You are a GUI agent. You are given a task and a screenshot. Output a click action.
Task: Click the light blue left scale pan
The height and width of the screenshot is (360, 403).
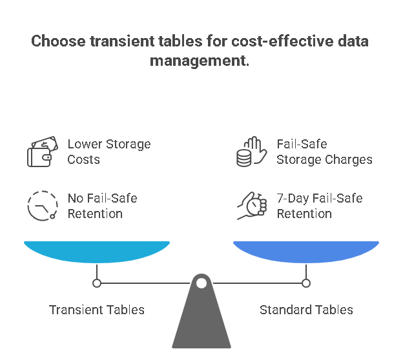[x=97, y=251]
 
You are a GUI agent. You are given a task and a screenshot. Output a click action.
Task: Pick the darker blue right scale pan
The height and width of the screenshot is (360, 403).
[x=306, y=251]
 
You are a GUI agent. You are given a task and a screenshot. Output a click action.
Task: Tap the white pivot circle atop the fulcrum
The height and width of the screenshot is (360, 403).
[x=201, y=283]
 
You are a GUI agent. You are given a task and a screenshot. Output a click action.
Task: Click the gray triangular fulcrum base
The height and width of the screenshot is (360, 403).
[x=201, y=323]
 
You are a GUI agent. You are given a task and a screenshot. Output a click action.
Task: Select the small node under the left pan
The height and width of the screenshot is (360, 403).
[x=97, y=283]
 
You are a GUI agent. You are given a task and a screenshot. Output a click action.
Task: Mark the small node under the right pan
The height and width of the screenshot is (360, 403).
[x=306, y=283]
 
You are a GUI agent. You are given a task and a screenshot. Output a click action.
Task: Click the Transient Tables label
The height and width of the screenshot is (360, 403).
[x=97, y=310]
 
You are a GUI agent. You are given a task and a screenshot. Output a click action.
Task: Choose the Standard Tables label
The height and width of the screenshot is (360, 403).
[x=306, y=310]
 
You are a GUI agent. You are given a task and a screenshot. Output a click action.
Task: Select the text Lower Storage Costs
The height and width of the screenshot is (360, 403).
[x=108, y=152]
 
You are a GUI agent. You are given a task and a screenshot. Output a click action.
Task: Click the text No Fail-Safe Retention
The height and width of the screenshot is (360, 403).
[x=102, y=206]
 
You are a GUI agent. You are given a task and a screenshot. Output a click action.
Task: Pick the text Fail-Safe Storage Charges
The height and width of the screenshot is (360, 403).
[x=324, y=152]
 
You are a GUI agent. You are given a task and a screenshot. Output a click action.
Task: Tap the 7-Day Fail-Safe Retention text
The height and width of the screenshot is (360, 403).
[x=319, y=206]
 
